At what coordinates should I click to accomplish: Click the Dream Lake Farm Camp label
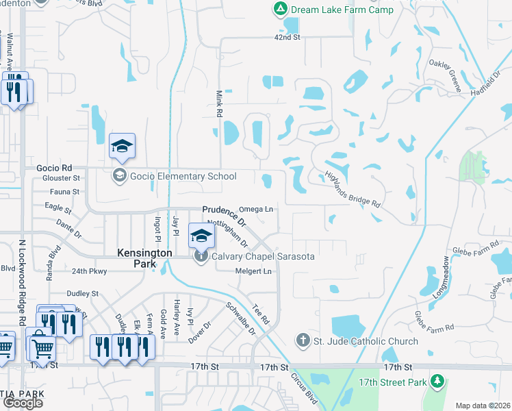coord(342,10)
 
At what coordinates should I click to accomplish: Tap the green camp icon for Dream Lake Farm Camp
coord(279,10)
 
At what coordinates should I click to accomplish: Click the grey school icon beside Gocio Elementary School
coord(120,176)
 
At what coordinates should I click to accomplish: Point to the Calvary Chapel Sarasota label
coord(263,257)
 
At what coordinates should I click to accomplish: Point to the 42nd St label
coord(287,37)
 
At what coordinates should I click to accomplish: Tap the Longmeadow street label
coord(441,277)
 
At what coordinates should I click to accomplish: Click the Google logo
coord(23,403)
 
